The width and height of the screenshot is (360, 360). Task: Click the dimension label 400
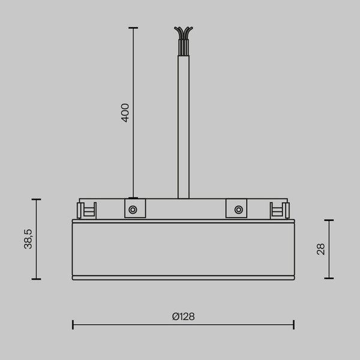click(125, 112)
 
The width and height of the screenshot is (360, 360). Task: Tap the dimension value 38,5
click(28, 239)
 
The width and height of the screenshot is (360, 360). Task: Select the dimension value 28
click(320, 249)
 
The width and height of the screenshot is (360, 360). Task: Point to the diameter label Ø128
click(183, 316)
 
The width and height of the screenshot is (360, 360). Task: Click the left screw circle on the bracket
click(133, 209)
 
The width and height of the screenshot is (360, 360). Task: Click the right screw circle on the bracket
click(239, 209)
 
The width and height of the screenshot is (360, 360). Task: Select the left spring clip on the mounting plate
click(86, 209)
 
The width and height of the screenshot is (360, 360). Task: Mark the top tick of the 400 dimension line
click(133, 28)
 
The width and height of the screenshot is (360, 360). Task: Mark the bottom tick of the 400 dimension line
click(133, 197)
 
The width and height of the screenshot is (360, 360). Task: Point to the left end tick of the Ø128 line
click(73, 325)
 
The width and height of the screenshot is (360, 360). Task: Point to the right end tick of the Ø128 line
click(293, 325)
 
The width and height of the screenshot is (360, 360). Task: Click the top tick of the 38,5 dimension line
click(36, 199)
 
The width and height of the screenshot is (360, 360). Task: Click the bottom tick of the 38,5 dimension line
click(36, 278)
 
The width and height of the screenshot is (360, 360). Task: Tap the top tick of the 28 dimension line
click(328, 220)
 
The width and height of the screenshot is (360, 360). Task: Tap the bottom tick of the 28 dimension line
click(328, 278)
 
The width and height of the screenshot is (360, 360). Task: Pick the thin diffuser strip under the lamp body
click(183, 278)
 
